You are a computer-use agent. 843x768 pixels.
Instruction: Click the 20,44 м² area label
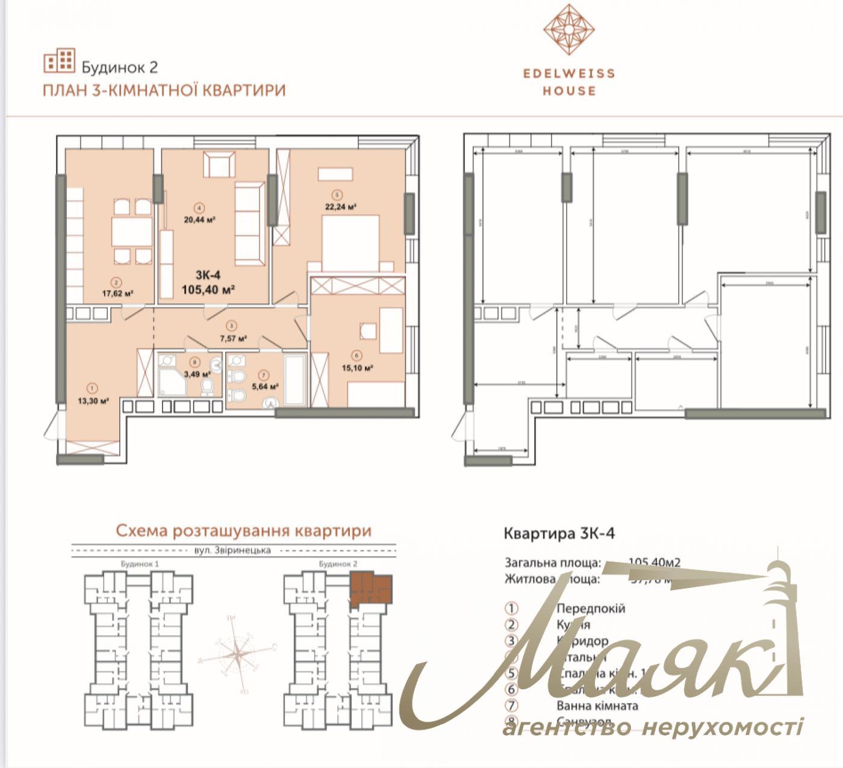tap(200, 220)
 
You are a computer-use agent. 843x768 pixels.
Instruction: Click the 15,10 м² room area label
tap(359, 368)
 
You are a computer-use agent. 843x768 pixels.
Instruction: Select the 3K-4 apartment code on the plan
tap(208, 275)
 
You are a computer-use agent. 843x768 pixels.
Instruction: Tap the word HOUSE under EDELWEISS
tap(569, 91)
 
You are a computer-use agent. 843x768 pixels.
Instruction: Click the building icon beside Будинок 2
tap(59, 60)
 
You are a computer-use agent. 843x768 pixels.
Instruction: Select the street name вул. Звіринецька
tap(232, 550)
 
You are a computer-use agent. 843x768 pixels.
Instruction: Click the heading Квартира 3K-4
tap(559, 533)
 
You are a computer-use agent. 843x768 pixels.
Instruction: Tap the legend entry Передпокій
tap(591, 609)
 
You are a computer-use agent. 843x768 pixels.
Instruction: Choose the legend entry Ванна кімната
tap(597, 705)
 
